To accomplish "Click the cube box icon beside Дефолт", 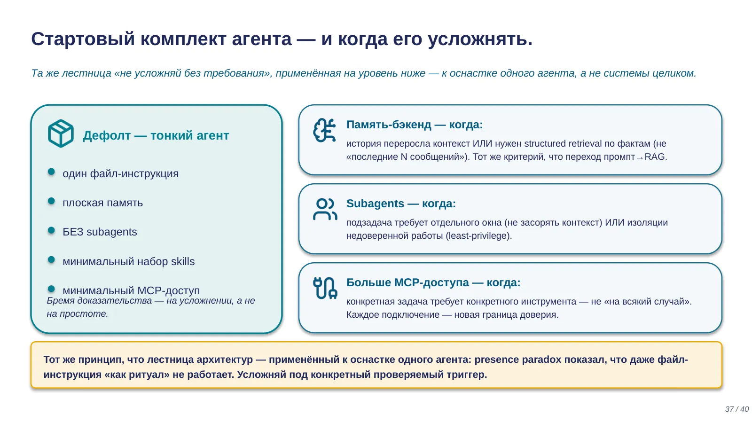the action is point(61,133).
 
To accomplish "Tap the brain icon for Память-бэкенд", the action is point(324,130).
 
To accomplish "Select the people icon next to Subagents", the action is point(325,209).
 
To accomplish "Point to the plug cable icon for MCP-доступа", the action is point(325,288).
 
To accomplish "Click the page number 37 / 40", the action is point(736,409).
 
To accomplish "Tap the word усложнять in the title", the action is point(480,39).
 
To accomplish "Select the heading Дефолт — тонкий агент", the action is point(156,135).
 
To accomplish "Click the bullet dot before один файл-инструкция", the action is point(51,172).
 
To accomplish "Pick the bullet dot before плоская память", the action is point(51,201).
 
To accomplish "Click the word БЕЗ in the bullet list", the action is point(72,232).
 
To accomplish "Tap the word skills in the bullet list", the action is point(183,261).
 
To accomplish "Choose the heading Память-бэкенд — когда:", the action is point(414,125).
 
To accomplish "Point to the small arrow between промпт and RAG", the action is point(640,157).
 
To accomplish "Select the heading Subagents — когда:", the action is point(401,204).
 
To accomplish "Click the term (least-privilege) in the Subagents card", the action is point(479,235).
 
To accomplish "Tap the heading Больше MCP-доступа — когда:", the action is point(433,282).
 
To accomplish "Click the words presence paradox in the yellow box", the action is point(517,360).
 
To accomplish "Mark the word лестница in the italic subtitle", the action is point(86,73).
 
